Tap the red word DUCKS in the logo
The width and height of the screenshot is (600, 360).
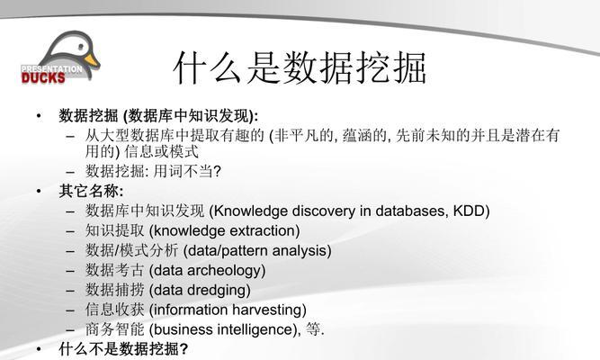43,78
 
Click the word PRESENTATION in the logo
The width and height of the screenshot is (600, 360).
51,69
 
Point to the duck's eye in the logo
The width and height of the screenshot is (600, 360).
81,47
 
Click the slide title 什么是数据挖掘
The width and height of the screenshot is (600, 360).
300,67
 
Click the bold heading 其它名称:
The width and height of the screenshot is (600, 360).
91,191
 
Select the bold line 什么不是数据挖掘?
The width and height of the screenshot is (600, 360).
123,349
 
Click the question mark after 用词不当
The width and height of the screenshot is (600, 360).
217,171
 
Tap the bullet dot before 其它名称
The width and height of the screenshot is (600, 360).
39,191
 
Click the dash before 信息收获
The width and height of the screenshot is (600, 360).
70,310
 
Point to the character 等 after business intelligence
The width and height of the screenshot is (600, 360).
313,329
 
